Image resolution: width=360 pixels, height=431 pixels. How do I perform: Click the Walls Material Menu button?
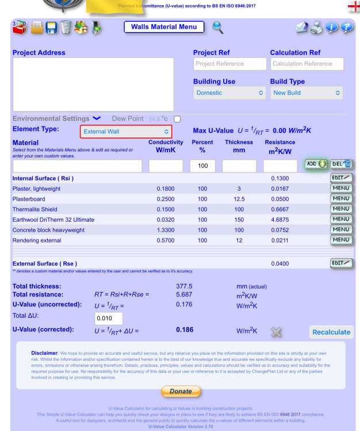click(x=164, y=27)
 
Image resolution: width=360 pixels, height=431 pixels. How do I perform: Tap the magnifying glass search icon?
click(x=218, y=27)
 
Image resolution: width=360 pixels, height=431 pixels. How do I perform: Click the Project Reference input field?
click(x=228, y=64)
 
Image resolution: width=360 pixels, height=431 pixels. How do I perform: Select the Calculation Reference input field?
click(x=307, y=64)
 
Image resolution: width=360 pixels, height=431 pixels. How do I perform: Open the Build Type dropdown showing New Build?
click(x=307, y=93)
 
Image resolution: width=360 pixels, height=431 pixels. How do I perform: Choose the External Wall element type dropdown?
click(x=126, y=132)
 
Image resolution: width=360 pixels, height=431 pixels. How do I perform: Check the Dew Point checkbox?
click(x=177, y=119)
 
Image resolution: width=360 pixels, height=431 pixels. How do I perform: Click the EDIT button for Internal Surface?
click(x=340, y=178)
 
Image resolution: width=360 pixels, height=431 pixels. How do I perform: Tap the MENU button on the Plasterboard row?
click(x=340, y=199)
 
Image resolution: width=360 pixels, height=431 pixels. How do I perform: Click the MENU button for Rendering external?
click(x=340, y=240)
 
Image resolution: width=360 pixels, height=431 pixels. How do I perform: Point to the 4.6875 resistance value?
click(x=280, y=220)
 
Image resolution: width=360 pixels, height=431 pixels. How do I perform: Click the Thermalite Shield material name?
click(x=35, y=209)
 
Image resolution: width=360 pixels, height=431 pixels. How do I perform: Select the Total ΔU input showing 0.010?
click(x=108, y=318)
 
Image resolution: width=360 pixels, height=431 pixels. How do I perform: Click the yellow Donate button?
click(x=180, y=391)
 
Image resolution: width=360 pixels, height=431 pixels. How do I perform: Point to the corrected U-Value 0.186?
click(x=185, y=330)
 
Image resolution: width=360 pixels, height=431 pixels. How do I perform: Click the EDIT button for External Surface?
click(x=340, y=263)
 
